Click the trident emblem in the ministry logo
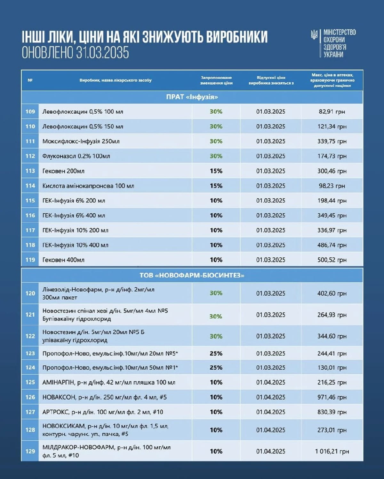(x=315, y=34)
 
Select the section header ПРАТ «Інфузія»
(x=192, y=97)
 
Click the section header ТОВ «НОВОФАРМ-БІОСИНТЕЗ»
(x=192, y=275)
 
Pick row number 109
(x=30, y=112)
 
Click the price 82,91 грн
(x=332, y=112)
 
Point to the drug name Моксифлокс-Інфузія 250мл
(x=81, y=141)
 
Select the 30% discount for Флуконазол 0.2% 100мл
(x=216, y=156)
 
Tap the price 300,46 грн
(x=332, y=171)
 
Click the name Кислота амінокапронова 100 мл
(x=88, y=186)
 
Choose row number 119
(x=30, y=260)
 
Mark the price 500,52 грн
(x=332, y=260)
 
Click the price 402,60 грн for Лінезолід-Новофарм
(x=332, y=293)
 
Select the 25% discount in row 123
(x=216, y=354)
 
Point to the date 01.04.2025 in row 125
(x=270, y=382)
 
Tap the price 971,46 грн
(x=332, y=397)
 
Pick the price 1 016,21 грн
(x=332, y=451)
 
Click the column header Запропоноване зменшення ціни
(x=216, y=80)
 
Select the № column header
(x=30, y=80)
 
